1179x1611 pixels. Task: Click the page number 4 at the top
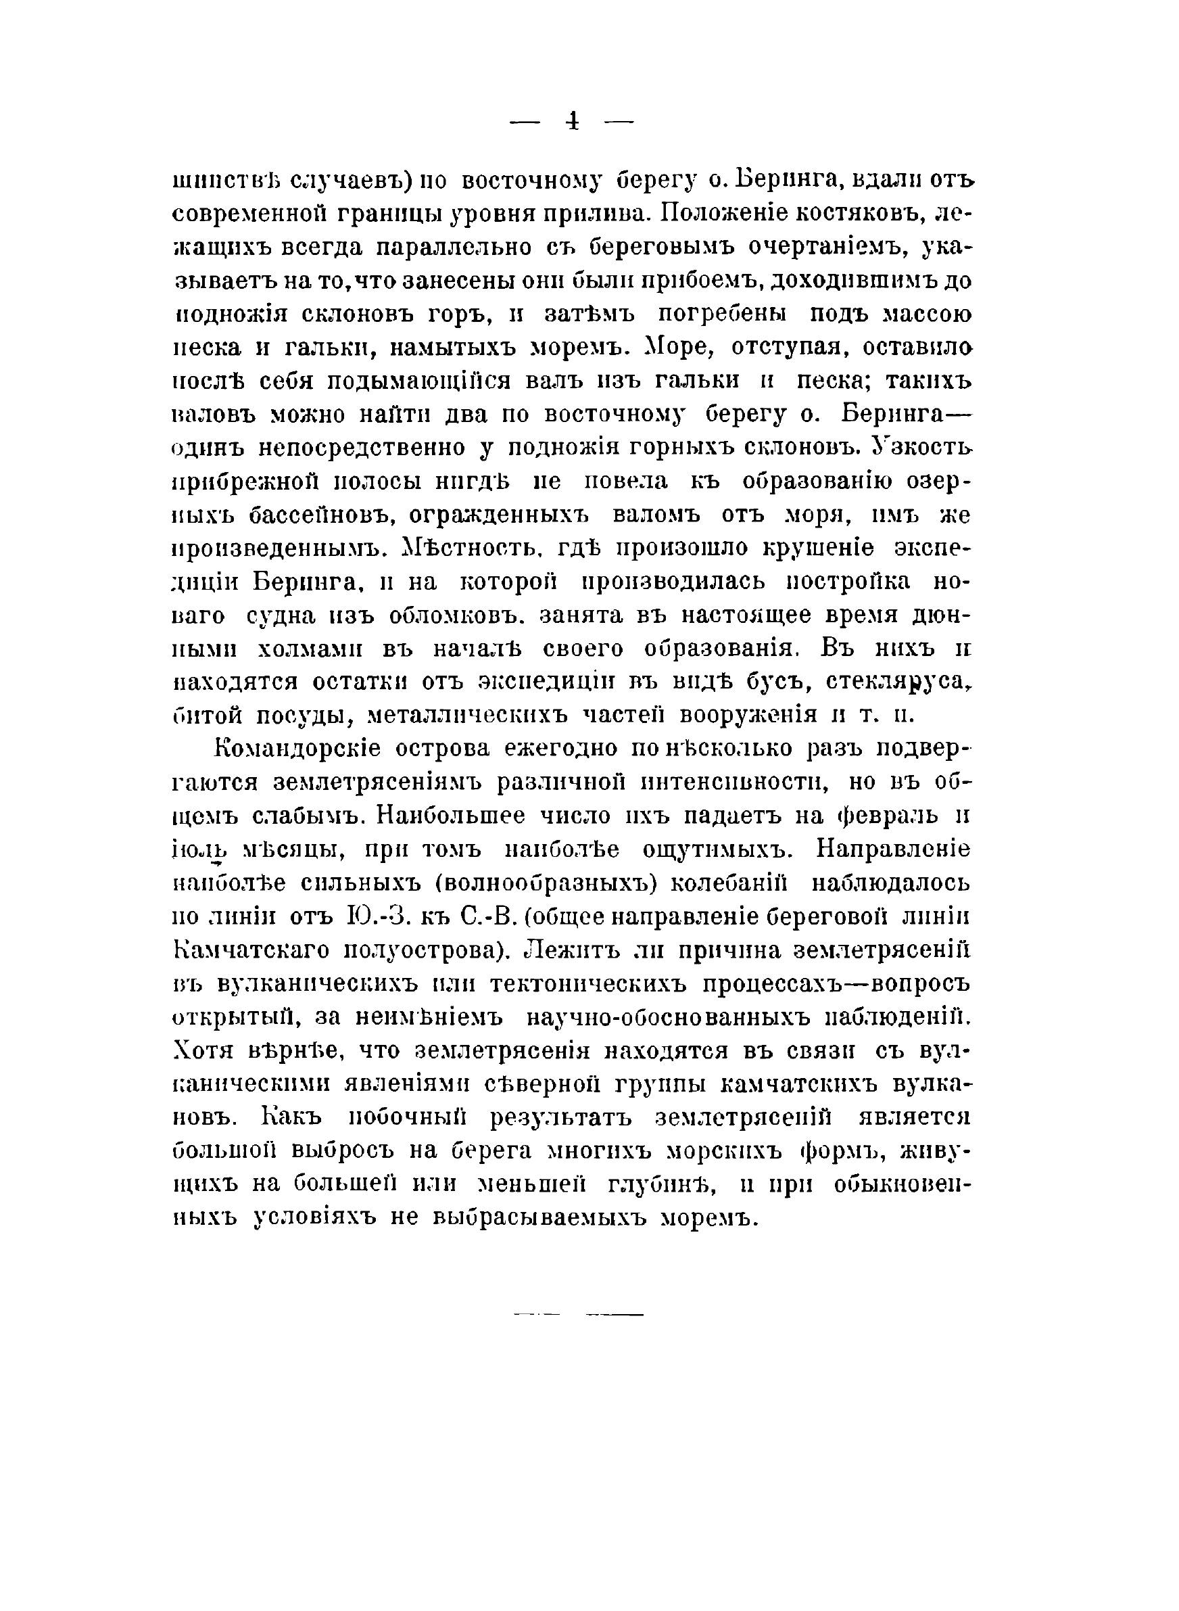[572, 121]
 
